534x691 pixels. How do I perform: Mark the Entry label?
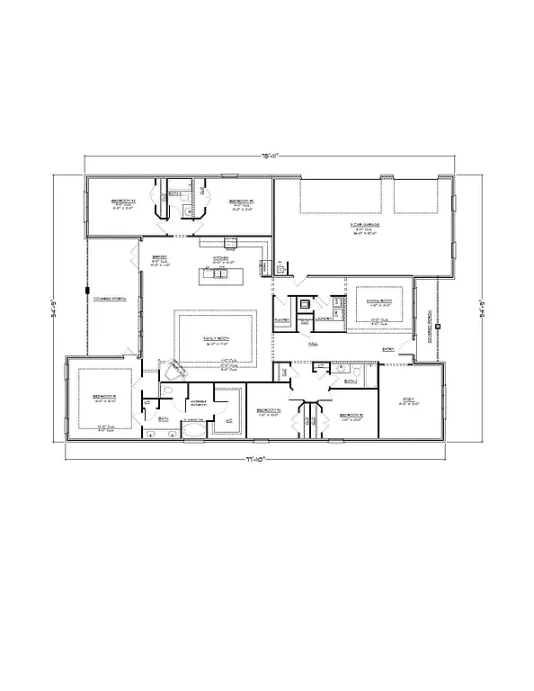point(388,349)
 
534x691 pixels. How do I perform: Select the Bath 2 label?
point(351,381)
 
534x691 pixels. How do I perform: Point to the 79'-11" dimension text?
point(268,156)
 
